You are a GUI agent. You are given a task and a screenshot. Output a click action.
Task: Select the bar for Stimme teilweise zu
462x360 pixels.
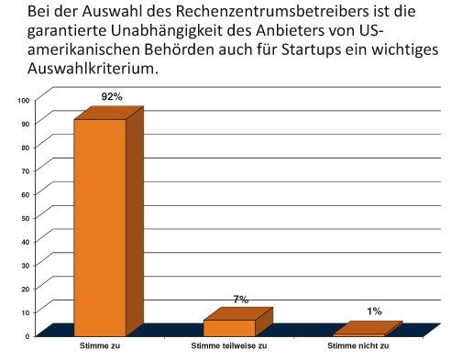pyautogui.click(x=229, y=327)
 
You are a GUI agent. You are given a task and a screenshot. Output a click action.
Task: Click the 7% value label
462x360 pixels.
pyautogui.click(x=241, y=299)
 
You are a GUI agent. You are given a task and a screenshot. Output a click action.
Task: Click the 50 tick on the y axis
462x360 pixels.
pyautogui.click(x=25, y=217)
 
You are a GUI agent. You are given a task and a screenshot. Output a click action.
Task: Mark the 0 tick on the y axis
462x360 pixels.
pyautogui.click(x=27, y=335)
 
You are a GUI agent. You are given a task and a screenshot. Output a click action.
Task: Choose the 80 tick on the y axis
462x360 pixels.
pyautogui.click(x=25, y=147)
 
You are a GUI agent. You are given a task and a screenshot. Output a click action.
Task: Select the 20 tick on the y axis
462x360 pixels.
pyautogui.click(x=25, y=289)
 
